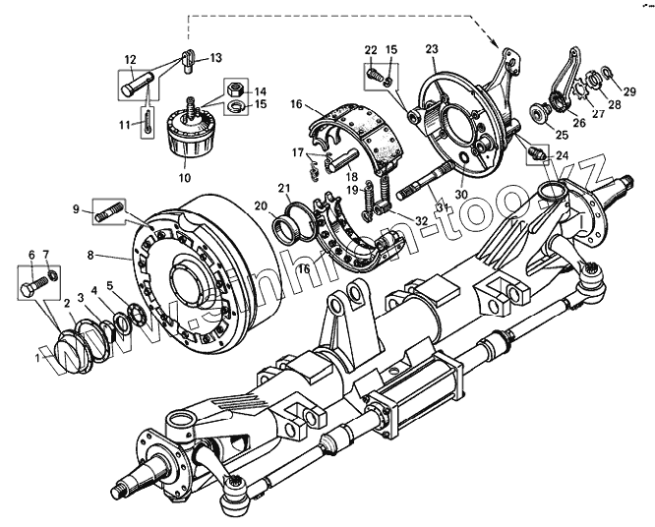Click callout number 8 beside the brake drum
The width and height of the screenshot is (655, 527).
click(x=89, y=254)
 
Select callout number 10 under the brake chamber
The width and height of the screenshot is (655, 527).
click(x=184, y=179)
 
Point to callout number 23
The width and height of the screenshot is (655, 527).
click(x=430, y=48)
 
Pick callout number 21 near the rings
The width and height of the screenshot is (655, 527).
click(x=283, y=188)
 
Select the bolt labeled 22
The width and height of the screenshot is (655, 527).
click(x=375, y=71)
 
